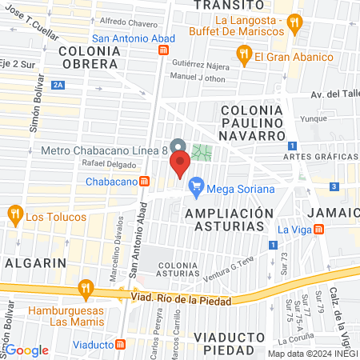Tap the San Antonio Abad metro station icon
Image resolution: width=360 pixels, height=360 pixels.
163,50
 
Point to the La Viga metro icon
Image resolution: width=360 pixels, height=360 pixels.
318,230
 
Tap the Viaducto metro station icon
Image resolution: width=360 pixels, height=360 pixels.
122,344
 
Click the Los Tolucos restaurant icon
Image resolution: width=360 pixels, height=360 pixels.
14,214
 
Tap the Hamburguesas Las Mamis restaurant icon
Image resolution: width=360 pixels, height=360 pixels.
85,288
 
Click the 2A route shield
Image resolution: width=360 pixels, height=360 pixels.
57,84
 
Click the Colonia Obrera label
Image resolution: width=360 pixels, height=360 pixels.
89,57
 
